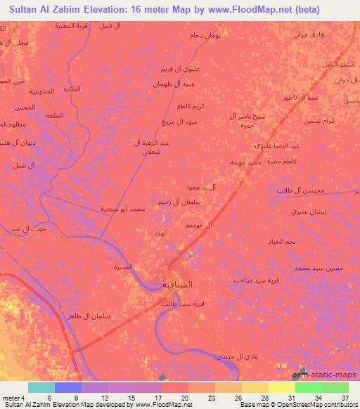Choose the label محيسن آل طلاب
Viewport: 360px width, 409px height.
click(x=298, y=190)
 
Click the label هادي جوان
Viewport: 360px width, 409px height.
click(x=295, y=34)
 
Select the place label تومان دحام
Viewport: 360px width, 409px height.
click(x=205, y=35)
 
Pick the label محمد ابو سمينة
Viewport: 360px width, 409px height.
click(x=123, y=209)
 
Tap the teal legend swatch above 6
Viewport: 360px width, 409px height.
click(x=41, y=387)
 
